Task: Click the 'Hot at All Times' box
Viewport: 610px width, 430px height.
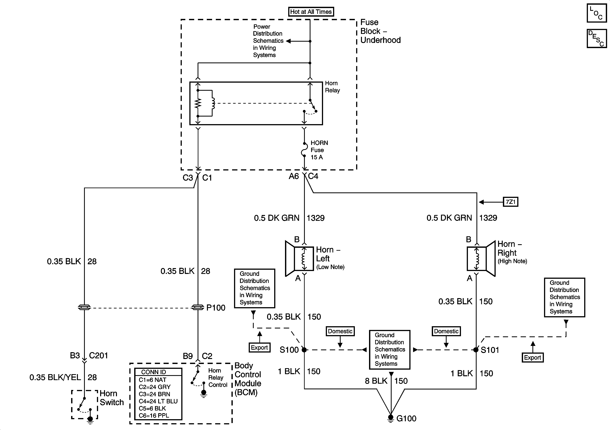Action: coord(311,12)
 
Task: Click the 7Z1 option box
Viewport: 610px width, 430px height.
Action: coord(510,202)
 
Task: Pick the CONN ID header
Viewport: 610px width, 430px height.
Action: coord(154,372)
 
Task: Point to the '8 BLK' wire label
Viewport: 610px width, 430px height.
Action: coord(376,381)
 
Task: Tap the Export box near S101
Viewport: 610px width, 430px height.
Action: coord(532,357)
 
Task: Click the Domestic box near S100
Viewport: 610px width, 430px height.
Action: coord(340,331)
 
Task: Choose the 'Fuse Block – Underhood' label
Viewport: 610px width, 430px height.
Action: coord(380,31)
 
